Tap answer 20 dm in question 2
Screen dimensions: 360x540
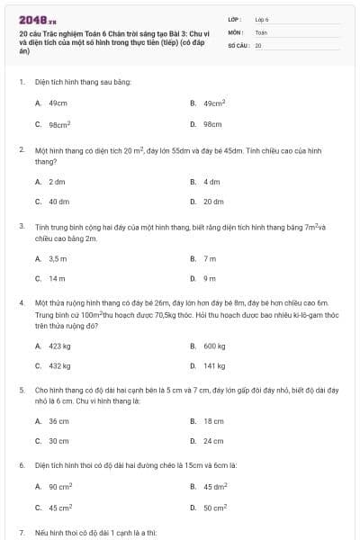[212, 202]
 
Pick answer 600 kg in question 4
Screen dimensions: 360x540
[213, 346]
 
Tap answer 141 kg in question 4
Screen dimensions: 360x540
[213, 366]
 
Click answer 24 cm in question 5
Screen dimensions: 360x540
[212, 442]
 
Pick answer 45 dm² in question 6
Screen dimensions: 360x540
[213, 487]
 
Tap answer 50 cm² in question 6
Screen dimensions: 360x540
[214, 508]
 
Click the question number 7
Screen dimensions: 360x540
[21, 534]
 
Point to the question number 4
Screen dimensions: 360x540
[21, 303]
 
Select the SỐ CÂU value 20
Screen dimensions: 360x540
[258, 44]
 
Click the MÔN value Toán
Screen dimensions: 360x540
[261, 31]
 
